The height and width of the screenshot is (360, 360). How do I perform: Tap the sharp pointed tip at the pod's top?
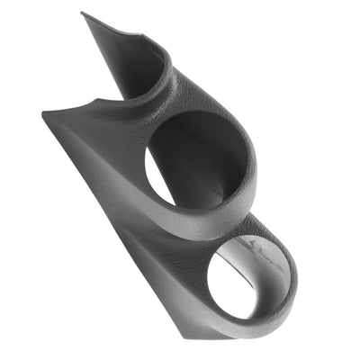pos(83,13)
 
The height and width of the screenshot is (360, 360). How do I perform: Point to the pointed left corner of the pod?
pos(44,113)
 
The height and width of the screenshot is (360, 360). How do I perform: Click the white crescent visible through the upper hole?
pos(157,180)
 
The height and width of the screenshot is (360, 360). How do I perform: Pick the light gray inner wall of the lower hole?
pos(261,261)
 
